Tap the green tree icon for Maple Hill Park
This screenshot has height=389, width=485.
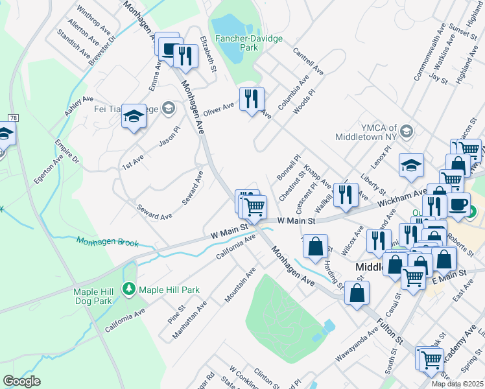[x=129, y=289]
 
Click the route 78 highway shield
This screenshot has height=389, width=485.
[x=13, y=117]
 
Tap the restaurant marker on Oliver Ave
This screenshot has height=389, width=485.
[x=252, y=99]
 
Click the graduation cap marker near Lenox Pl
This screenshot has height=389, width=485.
[x=411, y=165]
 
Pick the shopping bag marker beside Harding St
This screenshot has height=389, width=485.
[x=315, y=247]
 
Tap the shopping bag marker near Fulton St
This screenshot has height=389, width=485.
[x=357, y=292]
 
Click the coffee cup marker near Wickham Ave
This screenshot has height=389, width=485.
[x=458, y=204]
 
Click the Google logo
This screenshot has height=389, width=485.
[x=21, y=381]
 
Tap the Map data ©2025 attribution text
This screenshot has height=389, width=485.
[x=457, y=384]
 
